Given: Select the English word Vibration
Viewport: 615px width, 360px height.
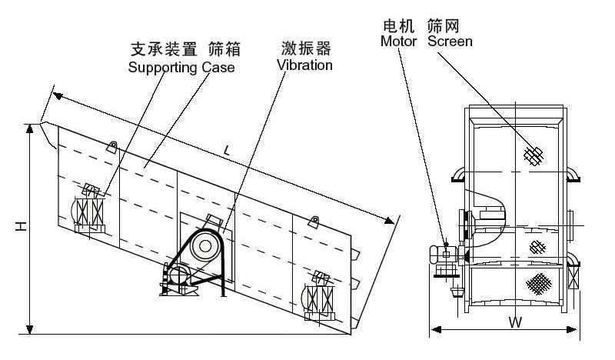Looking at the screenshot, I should pyautogui.click(x=304, y=65).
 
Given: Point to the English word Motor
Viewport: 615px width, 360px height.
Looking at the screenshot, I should pyautogui.click(x=398, y=40).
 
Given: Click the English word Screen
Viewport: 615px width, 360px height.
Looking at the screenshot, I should pyautogui.click(x=450, y=40).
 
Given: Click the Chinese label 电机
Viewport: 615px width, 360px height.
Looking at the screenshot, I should pyautogui.click(x=398, y=25).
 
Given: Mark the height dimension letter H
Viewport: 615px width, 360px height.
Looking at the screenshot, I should pyautogui.click(x=22, y=227).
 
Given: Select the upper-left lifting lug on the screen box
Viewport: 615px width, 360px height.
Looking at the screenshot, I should pyautogui.click(x=112, y=146).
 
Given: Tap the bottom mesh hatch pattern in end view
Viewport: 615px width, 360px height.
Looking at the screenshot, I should pyautogui.click(x=538, y=283).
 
